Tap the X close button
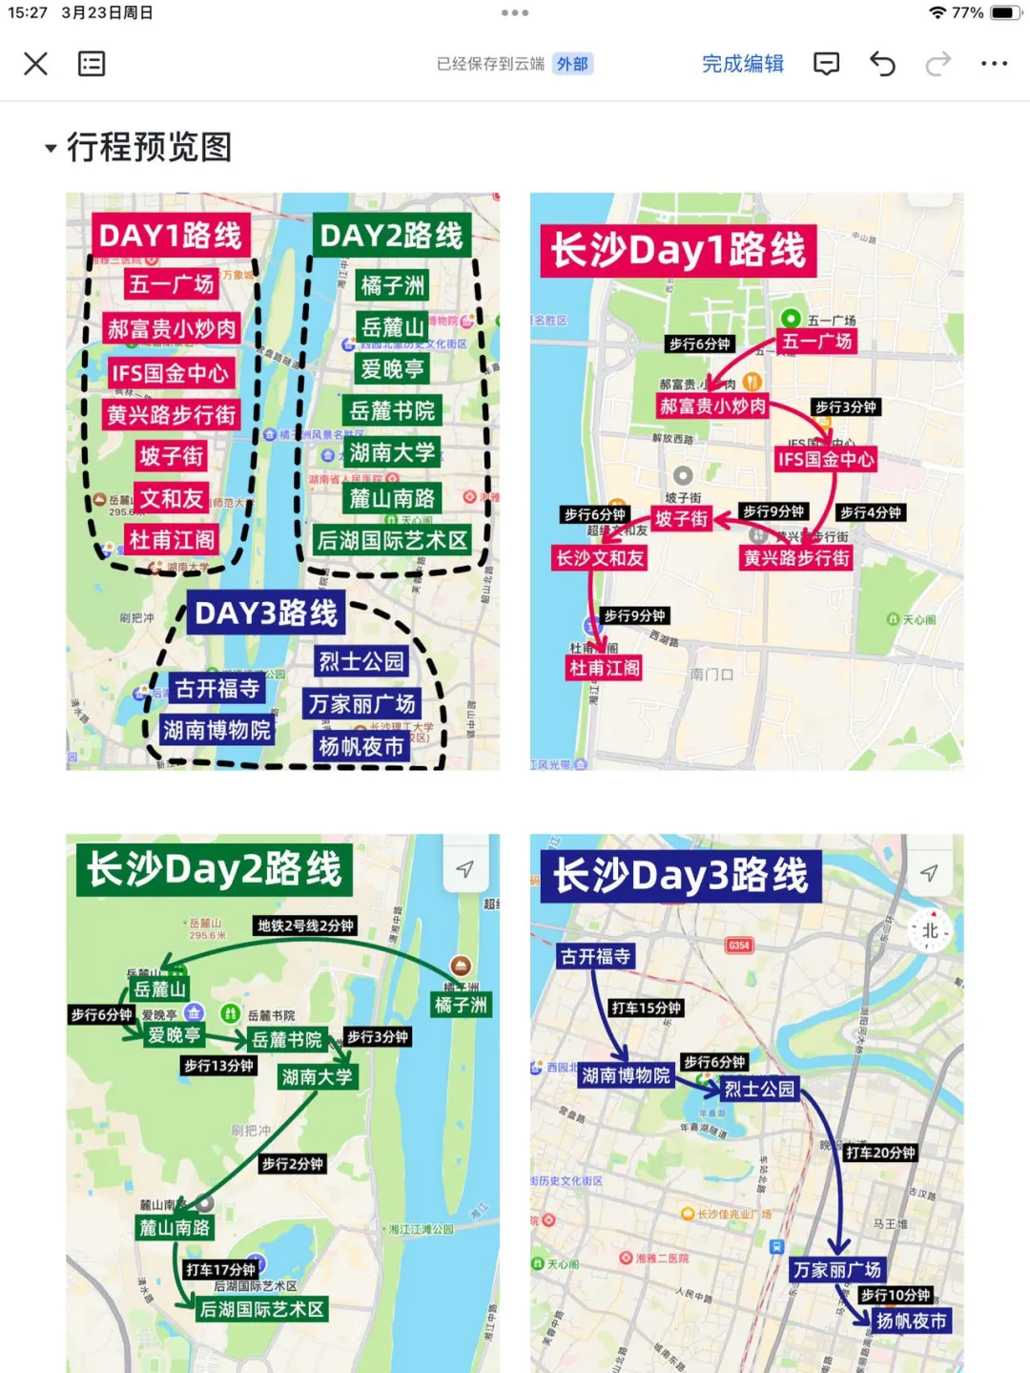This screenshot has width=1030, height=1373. pos(35,64)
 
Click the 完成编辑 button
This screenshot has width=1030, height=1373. pos(742,64)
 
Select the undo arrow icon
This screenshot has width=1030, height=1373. pos(882,64)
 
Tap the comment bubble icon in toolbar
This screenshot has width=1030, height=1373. pos(826,64)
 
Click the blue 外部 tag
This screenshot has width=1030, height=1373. pos(572,64)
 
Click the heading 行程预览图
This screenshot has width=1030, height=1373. pos(150,148)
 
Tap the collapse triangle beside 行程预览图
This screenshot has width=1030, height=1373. pos(51,149)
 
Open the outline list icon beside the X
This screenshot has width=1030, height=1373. pos(92,64)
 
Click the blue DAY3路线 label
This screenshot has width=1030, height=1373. pos(266,614)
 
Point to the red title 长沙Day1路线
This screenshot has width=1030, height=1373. pos(678,251)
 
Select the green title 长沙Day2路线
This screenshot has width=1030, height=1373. pos(214,869)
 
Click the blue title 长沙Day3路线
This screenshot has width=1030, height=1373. pos(680,876)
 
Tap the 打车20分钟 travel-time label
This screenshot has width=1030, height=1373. pos(879,1153)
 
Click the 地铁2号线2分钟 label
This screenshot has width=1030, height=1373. pos(305,926)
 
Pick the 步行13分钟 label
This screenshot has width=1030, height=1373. pos(218,1066)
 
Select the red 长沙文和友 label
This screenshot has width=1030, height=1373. pos(600,558)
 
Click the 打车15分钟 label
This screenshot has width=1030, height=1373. pos(646,1008)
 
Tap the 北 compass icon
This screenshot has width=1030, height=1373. pos(930,930)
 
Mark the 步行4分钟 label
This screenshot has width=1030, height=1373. pos(870,512)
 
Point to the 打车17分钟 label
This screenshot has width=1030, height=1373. pos(220,1270)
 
